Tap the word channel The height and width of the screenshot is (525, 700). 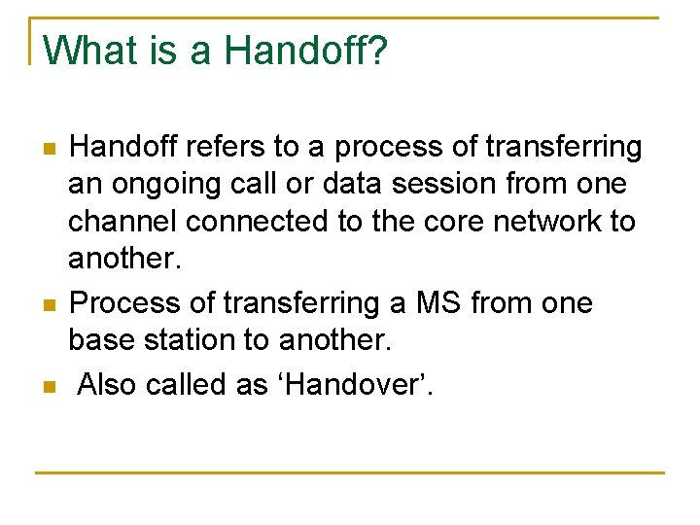122,222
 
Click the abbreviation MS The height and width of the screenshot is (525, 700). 438,303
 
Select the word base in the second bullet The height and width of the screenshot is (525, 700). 99,340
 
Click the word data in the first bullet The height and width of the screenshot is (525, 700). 342,185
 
